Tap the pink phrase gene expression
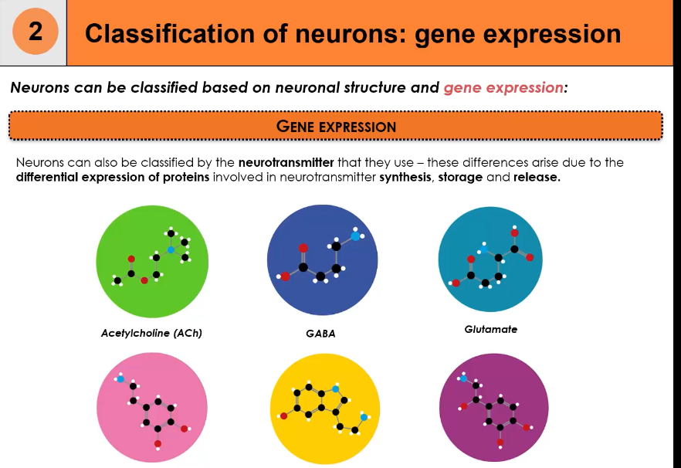click(x=503, y=87)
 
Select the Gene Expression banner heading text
click(x=336, y=127)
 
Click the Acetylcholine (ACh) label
click(x=151, y=334)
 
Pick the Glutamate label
click(x=491, y=329)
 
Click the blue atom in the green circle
click(x=171, y=250)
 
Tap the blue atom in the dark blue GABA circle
click(x=354, y=236)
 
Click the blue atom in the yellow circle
click(x=364, y=417)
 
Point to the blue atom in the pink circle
click(x=120, y=379)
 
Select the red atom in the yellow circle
click(x=284, y=416)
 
